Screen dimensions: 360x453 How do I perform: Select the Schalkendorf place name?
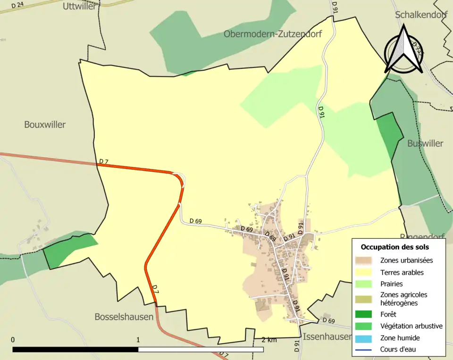coord(421,15)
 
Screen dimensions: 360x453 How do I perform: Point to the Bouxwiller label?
coord(45,125)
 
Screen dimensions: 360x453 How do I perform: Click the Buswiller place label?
coord(425,143)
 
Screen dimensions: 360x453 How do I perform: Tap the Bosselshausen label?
coord(124,317)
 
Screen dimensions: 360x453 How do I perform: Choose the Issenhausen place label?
coord(327,336)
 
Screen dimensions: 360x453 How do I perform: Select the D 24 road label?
coord(17,5)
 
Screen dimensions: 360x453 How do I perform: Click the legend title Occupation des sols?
coord(394,247)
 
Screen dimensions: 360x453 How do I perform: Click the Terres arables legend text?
coord(402,272)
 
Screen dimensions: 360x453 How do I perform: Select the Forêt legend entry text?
coord(388,314)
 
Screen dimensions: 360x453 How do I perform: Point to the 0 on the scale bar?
coord(13,340)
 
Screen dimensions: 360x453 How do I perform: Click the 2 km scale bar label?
coord(269,340)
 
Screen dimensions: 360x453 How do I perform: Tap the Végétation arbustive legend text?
coord(411,326)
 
